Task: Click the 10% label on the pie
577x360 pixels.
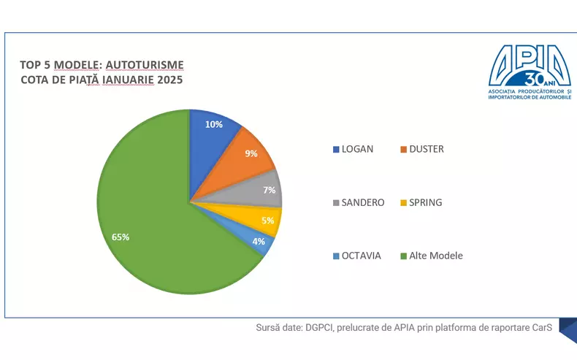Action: [x=213, y=124]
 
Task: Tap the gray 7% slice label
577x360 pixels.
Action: [x=270, y=190]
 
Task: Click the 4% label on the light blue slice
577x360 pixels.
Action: [x=259, y=242]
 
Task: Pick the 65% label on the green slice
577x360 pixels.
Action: [x=121, y=237]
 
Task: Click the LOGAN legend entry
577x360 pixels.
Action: [x=357, y=149]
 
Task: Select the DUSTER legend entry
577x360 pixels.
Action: [x=427, y=149]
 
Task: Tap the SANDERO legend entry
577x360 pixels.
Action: [x=363, y=202]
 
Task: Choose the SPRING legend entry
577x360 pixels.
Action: [x=427, y=202]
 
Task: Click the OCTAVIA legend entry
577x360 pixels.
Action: [x=361, y=256]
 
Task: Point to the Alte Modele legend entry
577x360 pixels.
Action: [x=435, y=256]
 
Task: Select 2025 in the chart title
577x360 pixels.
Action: [x=169, y=80]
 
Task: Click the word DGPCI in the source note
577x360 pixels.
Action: [x=321, y=328]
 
